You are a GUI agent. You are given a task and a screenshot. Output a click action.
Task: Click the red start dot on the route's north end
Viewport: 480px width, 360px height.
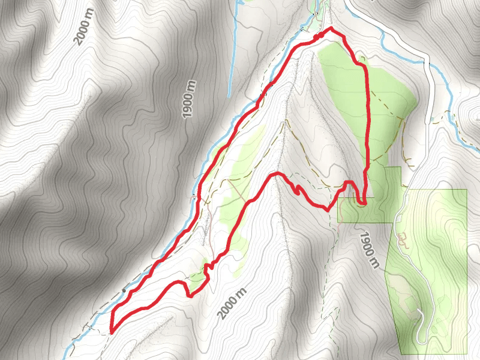click(x=320, y=36)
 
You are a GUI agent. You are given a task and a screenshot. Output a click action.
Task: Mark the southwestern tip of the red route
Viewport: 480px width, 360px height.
click(x=112, y=331)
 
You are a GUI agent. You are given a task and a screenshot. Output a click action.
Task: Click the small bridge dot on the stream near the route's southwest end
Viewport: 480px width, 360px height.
click(x=124, y=291)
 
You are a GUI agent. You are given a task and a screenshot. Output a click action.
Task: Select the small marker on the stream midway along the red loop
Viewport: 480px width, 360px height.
click(x=194, y=196)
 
